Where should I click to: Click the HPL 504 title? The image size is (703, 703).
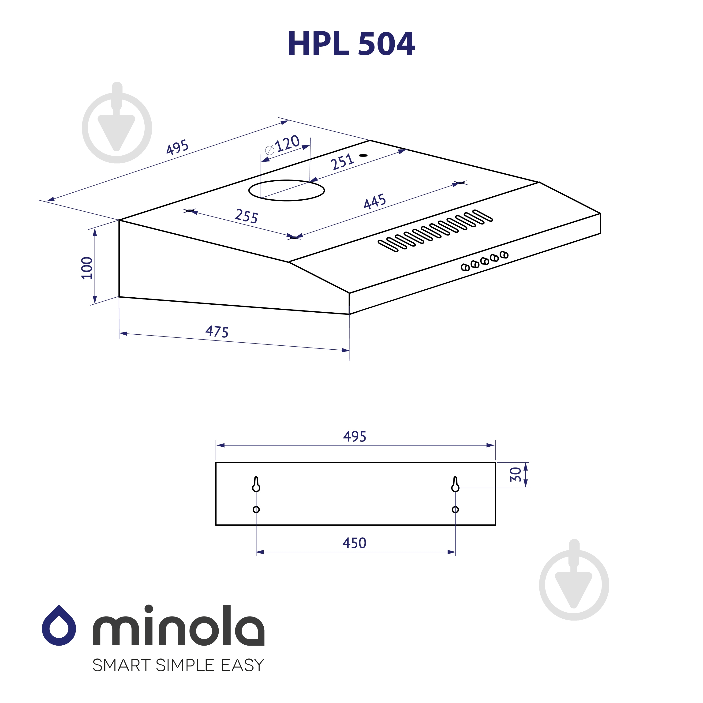click(351, 44)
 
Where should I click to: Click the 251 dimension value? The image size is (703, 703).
click(342, 162)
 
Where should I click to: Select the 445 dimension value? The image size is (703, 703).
click(375, 201)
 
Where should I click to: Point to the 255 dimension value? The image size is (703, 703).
click(246, 216)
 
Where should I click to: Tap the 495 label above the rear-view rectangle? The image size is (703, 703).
click(355, 436)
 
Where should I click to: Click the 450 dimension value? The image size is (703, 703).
click(354, 543)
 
